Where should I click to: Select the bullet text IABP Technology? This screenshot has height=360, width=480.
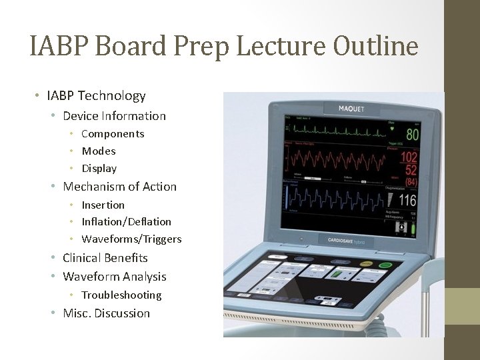click(x=96, y=96)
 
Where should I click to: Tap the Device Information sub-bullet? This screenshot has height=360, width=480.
click(x=114, y=116)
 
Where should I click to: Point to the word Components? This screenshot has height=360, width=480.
click(x=113, y=134)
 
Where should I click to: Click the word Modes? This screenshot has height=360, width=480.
click(x=99, y=151)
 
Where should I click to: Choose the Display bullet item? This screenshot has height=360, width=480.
click(x=99, y=169)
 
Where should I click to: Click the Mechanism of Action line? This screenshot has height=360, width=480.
click(x=119, y=187)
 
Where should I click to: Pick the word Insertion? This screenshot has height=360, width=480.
click(x=103, y=205)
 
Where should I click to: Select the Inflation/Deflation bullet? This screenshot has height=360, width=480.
click(x=126, y=222)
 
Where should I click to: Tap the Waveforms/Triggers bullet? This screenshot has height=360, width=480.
click(x=131, y=239)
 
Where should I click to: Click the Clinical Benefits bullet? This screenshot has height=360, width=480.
click(x=105, y=258)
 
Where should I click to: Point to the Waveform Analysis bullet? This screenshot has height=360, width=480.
click(x=115, y=277)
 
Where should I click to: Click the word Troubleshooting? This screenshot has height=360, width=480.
click(x=121, y=295)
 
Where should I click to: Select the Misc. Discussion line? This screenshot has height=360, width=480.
click(x=106, y=313)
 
